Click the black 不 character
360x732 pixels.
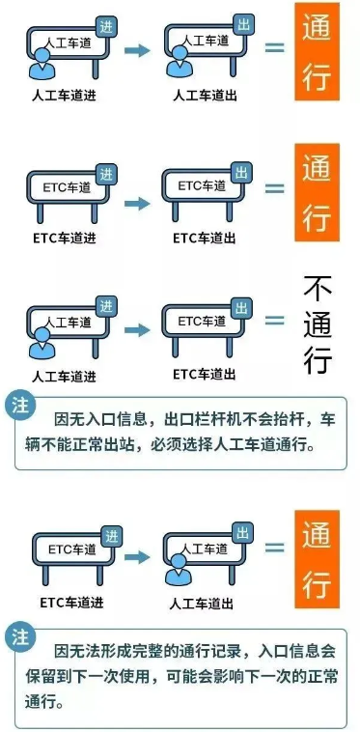[x=318, y=288]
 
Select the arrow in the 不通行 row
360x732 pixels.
[x=137, y=329]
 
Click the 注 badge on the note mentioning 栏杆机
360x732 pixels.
[x=19, y=405]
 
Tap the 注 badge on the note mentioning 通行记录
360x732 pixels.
[x=19, y=636]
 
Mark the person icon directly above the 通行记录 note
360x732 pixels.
[x=179, y=577]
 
